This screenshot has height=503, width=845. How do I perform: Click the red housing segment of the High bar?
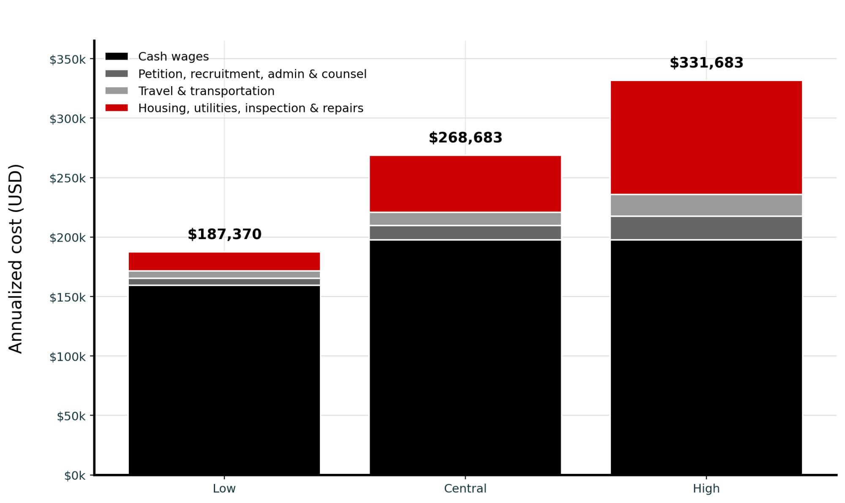pos(706,137)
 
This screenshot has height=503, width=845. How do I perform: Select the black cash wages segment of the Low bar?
pos(224,380)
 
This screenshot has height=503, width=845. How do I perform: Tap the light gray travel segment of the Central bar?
pos(465,219)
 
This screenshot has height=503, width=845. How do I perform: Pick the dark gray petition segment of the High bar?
pos(706,228)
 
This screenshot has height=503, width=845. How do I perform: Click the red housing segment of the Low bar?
pos(224,261)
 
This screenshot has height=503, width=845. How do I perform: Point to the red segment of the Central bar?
pos(465,184)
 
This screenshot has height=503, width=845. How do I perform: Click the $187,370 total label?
pos(224,234)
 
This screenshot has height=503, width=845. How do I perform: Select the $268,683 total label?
pos(465,138)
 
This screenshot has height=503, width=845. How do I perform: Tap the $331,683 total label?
pos(706,63)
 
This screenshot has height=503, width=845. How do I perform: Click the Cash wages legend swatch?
pos(117,57)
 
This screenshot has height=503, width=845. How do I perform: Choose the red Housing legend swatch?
pos(117,108)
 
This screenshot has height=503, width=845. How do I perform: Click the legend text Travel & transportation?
pos(206,91)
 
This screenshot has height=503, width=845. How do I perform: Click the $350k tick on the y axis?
pos(68,60)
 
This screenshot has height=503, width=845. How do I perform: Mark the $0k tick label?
pos(75,476)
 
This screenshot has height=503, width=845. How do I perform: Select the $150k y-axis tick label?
pos(68,298)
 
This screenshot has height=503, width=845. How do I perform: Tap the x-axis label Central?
pos(465,489)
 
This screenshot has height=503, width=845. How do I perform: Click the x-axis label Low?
pos(224,489)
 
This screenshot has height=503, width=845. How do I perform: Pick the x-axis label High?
pos(706,489)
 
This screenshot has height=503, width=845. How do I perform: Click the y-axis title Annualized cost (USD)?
pos(16,258)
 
